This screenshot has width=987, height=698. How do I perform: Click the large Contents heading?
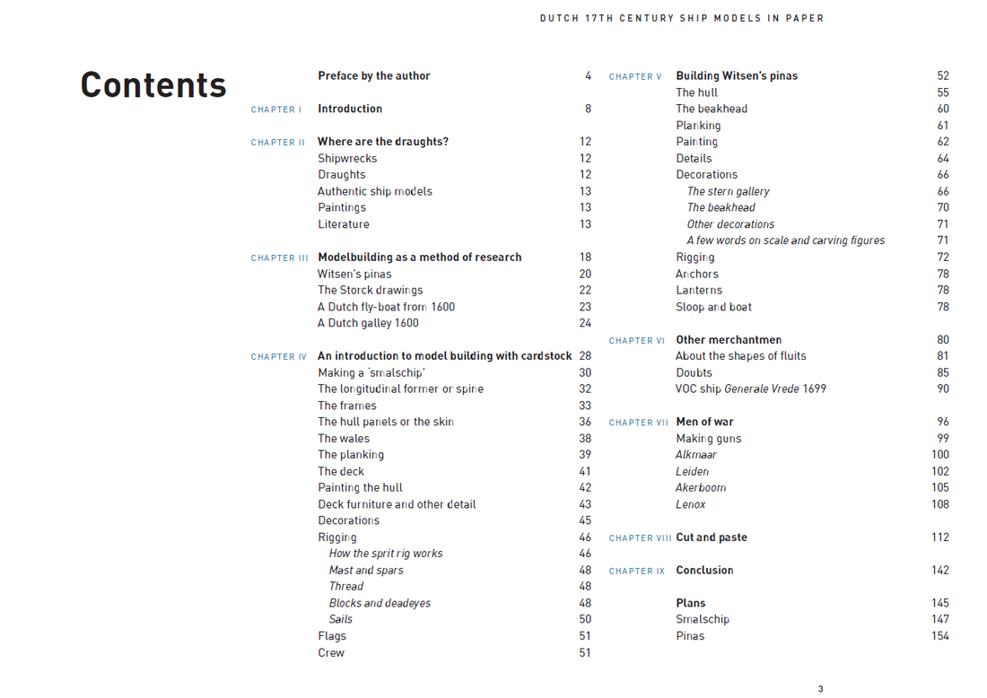tap(153, 85)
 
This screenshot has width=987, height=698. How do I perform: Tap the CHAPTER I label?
tap(276, 109)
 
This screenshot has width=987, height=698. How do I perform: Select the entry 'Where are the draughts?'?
tap(383, 142)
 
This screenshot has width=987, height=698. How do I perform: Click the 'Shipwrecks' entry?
tap(347, 159)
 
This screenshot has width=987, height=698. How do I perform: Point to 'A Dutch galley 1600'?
tap(368, 323)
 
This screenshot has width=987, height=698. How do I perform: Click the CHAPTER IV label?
tap(279, 357)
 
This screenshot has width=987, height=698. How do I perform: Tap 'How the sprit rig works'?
tap(386, 554)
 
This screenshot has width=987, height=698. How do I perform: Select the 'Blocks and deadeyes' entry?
tap(380, 603)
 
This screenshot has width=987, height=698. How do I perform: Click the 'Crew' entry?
tap(331, 652)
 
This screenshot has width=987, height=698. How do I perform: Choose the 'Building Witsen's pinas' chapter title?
tap(737, 76)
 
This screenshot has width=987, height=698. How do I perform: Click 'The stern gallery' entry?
tap(728, 191)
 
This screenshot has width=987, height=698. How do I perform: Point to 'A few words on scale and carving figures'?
tap(785, 240)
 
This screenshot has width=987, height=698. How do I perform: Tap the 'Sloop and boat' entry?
tap(713, 307)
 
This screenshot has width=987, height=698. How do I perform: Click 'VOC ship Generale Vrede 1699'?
tap(751, 389)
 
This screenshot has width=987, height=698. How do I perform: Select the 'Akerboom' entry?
tap(701, 488)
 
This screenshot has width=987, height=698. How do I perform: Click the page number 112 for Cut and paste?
tap(939, 537)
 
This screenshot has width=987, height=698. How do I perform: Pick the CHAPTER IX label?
tap(637, 571)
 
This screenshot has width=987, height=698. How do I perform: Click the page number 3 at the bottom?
tap(820, 689)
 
